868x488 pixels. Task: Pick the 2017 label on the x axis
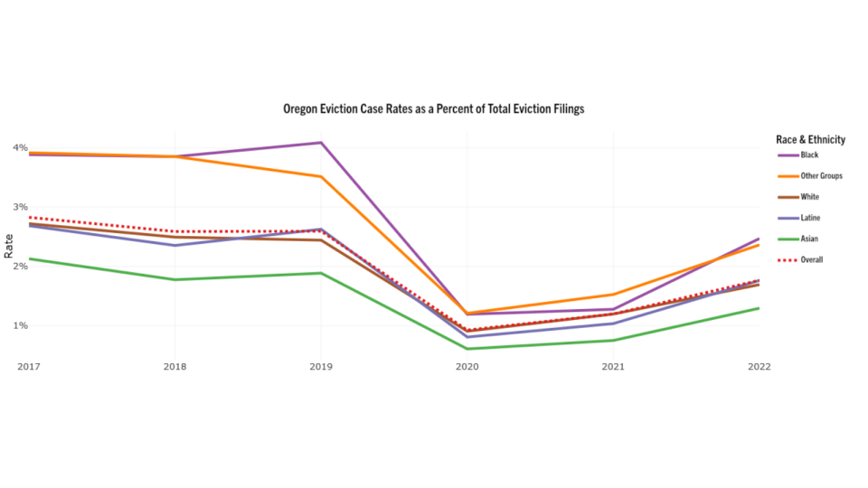29,367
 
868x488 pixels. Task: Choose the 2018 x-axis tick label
175,367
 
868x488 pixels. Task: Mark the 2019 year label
321,367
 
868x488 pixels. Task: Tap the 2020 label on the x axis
467,367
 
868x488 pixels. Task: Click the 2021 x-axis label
613,367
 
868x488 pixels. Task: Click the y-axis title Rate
8,245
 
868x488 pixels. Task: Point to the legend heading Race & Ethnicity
810,139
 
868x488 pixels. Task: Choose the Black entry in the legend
809,155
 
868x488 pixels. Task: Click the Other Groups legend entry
821,176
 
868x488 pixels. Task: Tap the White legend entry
810,197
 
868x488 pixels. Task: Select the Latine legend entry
811,218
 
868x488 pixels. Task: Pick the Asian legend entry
810,239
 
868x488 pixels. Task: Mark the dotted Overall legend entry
813,259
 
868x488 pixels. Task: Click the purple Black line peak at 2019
321,143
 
